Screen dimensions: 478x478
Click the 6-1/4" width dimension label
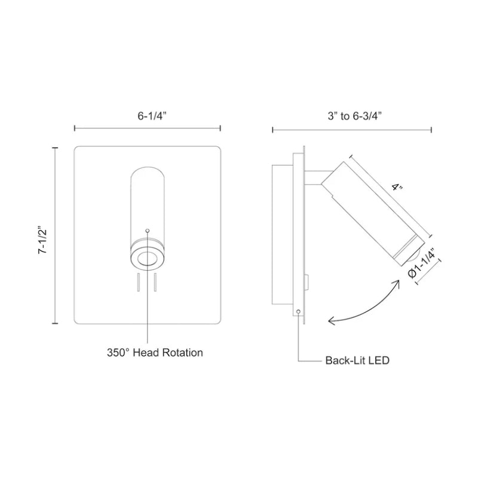pyautogui.click(x=147, y=117)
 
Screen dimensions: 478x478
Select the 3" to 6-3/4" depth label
pyautogui.click(x=352, y=117)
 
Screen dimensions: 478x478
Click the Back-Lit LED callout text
pyautogui.click(x=358, y=361)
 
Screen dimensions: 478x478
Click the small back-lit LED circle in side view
pyautogui.click(x=298, y=311)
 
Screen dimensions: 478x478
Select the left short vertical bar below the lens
pyautogui.click(x=137, y=282)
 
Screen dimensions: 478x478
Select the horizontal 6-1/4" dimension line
pyautogui.click(x=147, y=128)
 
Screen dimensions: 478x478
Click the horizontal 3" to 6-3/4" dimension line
pyautogui.click(x=352, y=128)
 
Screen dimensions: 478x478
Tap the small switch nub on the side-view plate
pyautogui.click(x=307, y=278)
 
